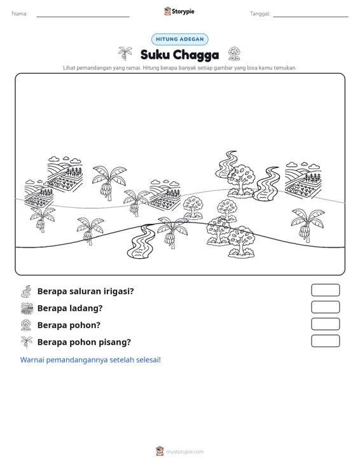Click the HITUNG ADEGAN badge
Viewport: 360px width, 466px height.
(179, 39)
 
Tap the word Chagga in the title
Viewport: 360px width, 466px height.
(196, 55)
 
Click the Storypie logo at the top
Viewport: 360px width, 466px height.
(179, 11)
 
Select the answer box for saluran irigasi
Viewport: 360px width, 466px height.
(325, 290)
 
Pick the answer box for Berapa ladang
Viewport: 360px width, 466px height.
(325, 307)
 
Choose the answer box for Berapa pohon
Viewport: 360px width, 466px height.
(325, 324)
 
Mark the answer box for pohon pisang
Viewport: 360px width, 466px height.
(325, 341)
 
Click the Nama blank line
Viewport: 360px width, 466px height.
(83, 17)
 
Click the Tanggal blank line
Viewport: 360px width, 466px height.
(310, 17)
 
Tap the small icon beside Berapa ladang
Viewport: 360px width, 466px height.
(27, 308)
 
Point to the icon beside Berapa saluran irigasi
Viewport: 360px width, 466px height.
(26, 291)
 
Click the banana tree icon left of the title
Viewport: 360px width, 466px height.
(125, 53)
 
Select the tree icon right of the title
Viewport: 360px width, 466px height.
(234, 54)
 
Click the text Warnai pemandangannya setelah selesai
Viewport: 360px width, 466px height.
(90, 360)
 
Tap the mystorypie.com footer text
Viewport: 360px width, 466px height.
(184, 452)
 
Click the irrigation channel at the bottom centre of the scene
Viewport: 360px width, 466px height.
(141, 241)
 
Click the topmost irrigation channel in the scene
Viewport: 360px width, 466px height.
(226, 165)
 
